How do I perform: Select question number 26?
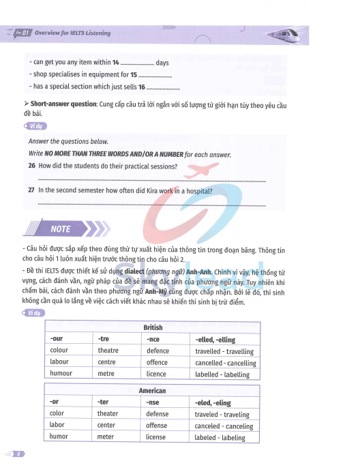[31, 166]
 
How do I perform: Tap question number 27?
[31, 191]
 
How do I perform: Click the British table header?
[153, 328]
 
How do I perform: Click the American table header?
[153, 391]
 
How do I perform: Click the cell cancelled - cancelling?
[226, 363]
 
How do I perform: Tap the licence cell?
[156, 374]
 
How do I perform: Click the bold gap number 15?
[134, 74]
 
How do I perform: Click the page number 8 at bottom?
[20, 454]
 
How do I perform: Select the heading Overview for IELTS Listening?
[72, 33]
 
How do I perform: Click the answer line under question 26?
[150, 180]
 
